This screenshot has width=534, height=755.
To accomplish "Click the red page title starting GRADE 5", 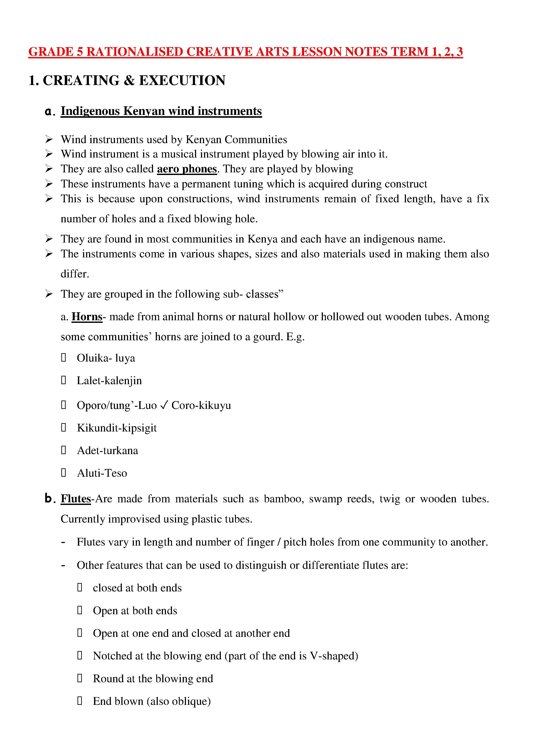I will pyautogui.click(x=245, y=52).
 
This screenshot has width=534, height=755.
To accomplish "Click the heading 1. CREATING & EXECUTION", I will pyautogui.click(x=127, y=80).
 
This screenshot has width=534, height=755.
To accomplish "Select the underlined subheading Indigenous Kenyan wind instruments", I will pyautogui.click(x=161, y=111).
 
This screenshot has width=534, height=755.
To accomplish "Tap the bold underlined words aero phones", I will pyautogui.click(x=187, y=169).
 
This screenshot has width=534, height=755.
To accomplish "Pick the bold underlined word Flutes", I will pyautogui.click(x=76, y=499).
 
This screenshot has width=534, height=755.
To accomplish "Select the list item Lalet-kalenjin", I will pyautogui.click(x=109, y=381).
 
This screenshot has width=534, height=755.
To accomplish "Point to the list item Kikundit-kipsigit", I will pyautogui.click(x=117, y=428).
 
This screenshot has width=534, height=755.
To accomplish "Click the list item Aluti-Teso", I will pyautogui.click(x=102, y=473).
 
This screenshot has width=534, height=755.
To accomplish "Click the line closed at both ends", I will pyautogui.click(x=137, y=588).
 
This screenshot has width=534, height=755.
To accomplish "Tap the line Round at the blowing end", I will pyautogui.click(x=153, y=679).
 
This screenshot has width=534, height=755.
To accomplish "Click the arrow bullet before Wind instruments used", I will pyautogui.click(x=49, y=139).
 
